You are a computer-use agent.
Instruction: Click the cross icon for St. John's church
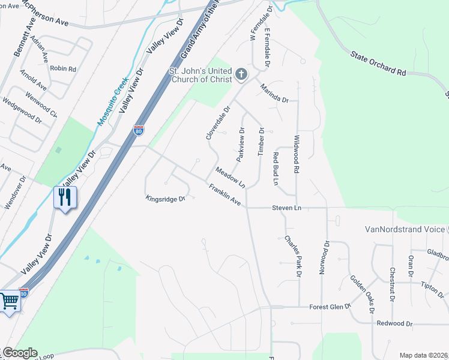tap(241, 74)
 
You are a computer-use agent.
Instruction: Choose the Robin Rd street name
tap(63, 69)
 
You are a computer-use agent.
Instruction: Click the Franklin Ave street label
tap(225, 196)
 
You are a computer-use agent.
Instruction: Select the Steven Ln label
tap(286, 208)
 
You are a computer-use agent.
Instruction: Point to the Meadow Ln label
tap(231, 177)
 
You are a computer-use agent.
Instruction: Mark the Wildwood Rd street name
tap(296, 154)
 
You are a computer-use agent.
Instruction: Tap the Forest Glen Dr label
tap(330, 307)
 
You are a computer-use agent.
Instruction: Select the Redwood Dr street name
tap(394, 323)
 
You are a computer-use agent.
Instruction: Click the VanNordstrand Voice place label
tap(405, 229)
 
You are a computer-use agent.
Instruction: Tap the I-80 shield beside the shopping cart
tap(24, 294)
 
